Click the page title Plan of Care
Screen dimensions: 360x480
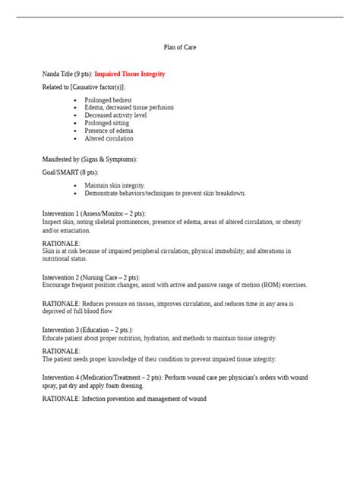(180, 47)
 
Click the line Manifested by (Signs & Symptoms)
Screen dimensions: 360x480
(90, 159)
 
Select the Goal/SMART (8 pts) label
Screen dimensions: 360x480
(70, 172)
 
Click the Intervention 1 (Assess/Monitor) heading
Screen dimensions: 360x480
(93, 213)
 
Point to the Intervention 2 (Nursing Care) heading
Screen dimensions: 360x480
(91, 277)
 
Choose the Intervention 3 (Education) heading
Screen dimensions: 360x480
(87, 330)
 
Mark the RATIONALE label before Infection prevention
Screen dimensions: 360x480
(61, 399)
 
